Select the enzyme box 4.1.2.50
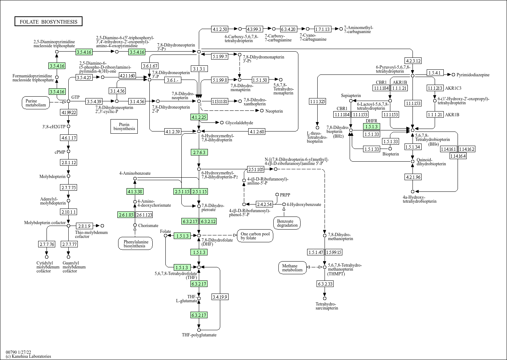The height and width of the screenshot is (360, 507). point(220,29)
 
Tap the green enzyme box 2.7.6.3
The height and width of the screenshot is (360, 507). point(199,152)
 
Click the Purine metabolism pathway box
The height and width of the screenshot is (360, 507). point(36,103)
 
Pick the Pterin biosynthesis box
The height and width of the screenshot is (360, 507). point(124,126)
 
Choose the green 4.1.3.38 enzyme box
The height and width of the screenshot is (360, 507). point(135,191)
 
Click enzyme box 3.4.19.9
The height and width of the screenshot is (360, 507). point(220,297)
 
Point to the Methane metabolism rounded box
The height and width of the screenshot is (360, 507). point(293,268)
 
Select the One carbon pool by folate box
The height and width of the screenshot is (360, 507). point(255,236)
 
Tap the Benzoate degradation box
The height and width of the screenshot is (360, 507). point(287,223)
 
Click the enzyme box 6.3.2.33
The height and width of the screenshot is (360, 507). point(325,284)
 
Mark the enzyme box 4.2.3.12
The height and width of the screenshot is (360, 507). point(413,61)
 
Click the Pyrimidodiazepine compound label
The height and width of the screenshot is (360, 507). point(473,75)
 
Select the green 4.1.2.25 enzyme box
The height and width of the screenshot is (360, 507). point(199,117)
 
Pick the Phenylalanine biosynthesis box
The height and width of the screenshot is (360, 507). point(135,244)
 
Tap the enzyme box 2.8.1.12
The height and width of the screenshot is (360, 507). point(69,162)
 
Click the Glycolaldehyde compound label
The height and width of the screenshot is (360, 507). point(239,123)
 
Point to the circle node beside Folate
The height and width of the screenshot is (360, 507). point(165,235)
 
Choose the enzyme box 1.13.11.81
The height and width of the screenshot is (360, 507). point(220,101)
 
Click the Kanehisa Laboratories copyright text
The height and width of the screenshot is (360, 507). point(28,356)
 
